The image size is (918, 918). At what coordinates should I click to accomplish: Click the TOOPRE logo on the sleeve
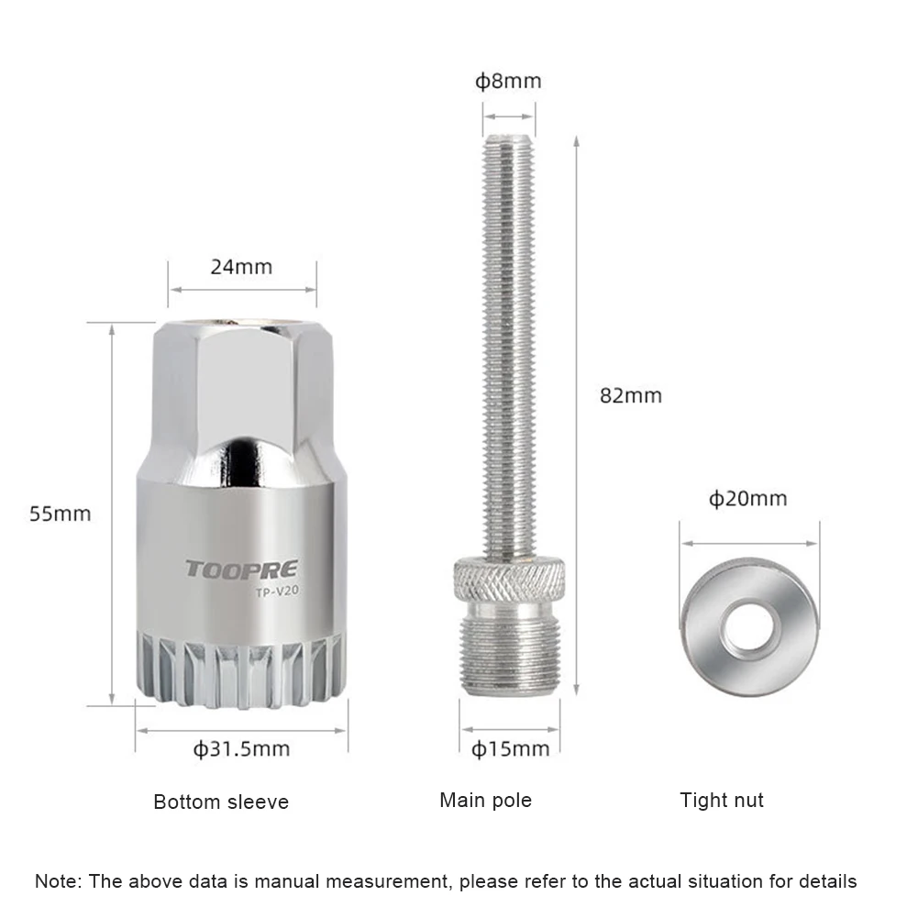pos(242,570)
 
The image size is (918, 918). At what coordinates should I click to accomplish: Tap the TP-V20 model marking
pos(277,592)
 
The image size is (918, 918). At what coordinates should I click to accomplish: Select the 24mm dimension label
pos(241,267)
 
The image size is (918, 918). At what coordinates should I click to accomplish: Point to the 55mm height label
pos(61,514)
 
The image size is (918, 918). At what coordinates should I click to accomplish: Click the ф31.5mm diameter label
pos(241,749)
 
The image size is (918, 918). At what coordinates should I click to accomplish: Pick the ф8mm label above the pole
pos(508,81)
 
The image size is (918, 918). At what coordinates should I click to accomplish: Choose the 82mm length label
pos(631,396)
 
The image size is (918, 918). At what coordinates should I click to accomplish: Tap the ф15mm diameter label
pos(510,749)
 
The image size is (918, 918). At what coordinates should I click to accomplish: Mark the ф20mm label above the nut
pos(747,499)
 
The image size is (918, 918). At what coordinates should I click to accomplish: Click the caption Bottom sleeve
pos(221,802)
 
